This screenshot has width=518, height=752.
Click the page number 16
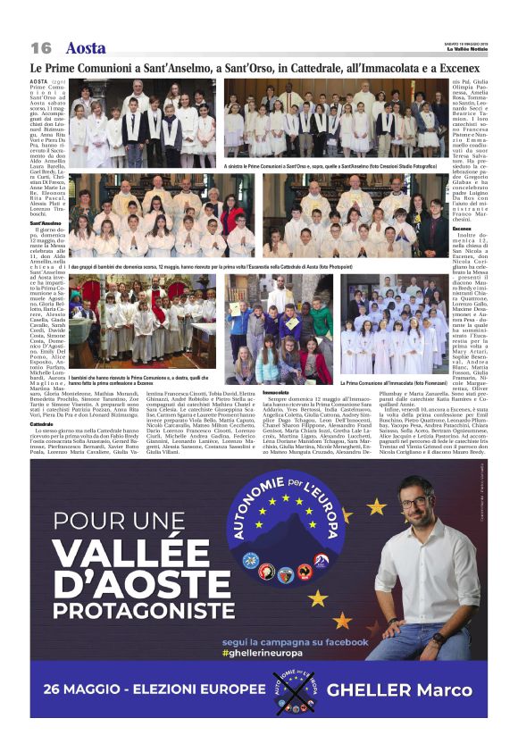pyautogui.click(x=41, y=48)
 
